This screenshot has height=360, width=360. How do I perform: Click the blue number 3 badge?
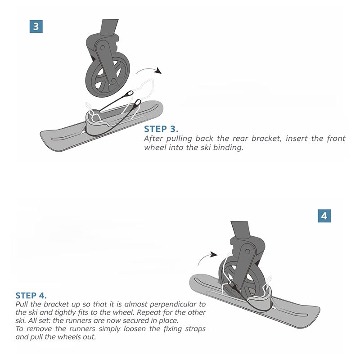(36, 27)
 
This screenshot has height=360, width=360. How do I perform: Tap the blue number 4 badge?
(324, 216)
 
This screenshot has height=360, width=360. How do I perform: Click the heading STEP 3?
(161, 129)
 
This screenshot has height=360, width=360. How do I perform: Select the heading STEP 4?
(31, 295)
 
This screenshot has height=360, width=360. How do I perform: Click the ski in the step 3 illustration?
(101, 126)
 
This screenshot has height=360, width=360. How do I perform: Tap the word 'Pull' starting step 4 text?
(22, 304)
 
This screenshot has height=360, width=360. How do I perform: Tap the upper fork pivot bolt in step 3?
(103, 48)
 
